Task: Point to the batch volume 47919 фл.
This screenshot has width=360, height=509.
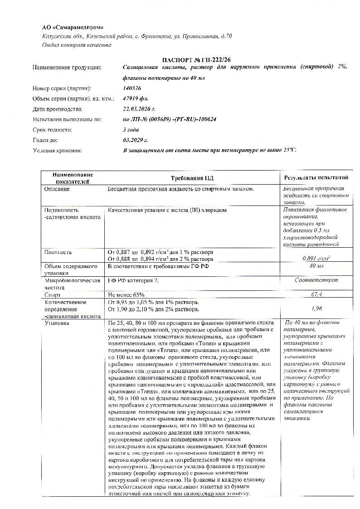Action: pyautogui.click(x=135, y=98)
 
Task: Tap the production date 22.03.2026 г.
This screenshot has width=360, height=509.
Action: pyautogui.click(x=139, y=109)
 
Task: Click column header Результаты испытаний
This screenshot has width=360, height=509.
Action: pyautogui.click(x=316, y=178)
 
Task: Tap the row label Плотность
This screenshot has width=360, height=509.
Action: pyautogui.click(x=58, y=252)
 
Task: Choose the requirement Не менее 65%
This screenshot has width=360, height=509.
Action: pyautogui.click(x=126, y=294)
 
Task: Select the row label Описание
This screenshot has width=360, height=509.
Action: pyautogui.click(x=57, y=189)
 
